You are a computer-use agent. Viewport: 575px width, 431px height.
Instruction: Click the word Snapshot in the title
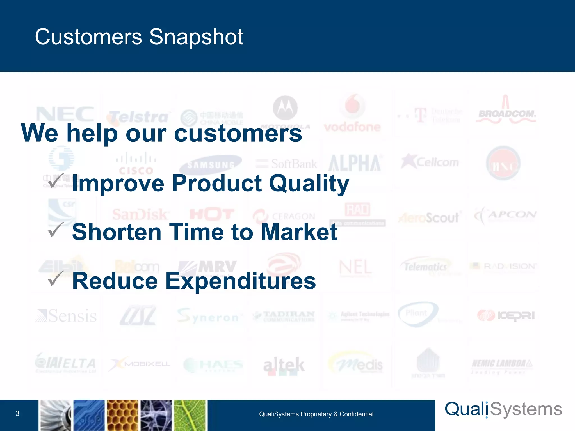coord(196,37)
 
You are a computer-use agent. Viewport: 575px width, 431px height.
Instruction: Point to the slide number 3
coord(17,413)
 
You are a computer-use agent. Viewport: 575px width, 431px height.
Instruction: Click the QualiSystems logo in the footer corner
coord(503,409)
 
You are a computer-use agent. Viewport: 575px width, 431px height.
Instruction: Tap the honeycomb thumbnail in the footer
coord(123,415)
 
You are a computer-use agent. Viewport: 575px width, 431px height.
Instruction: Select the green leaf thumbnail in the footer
coord(190,415)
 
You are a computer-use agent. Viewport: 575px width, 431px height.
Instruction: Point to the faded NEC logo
coord(65,114)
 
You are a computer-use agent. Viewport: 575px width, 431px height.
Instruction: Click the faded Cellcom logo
coord(430,162)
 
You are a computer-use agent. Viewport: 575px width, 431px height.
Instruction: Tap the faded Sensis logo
coord(66,316)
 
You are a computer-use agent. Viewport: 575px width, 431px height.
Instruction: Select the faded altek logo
coord(284,365)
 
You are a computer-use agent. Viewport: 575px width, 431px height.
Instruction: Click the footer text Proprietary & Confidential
coord(316,414)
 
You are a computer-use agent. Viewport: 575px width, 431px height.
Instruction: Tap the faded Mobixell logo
coord(140,364)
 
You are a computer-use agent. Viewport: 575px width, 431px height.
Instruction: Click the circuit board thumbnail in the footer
coord(89,415)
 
